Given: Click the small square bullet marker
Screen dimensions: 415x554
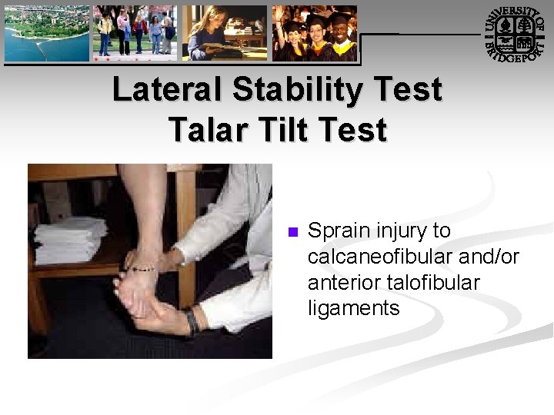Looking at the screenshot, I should coord(292,232).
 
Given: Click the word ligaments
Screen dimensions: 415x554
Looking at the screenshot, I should coord(353,309).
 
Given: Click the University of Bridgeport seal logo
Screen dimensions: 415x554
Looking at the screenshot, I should coord(516,34).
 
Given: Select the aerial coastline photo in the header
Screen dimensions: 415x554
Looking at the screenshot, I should coord(46,33).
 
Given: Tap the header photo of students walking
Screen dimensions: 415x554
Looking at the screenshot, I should coord(135,33).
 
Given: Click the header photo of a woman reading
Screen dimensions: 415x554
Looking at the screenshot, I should coord(225,33).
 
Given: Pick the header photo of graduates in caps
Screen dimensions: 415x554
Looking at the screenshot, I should coord(315,33).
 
